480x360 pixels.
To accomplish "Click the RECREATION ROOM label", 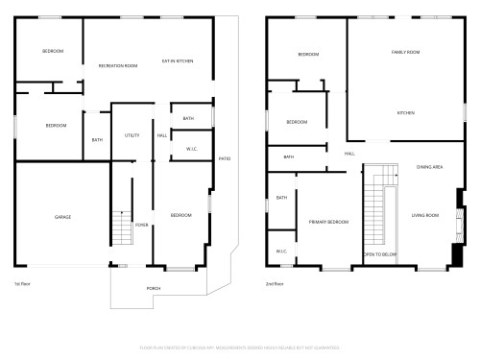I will pyautogui.click(x=118, y=65).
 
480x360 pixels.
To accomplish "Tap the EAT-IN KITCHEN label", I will pyautogui.click(x=178, y=60).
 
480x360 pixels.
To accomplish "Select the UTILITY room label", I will pyautogui.click(x=132, y=135).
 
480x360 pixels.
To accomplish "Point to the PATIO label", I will pyautogui.click(x=224, y=157).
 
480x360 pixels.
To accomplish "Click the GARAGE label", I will pyautogui.click(x=62, y=217).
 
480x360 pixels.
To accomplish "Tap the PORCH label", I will pyautogui.click(x=154, y=287).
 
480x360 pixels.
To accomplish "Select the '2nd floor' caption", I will pyautogui.click(x=275, y=284).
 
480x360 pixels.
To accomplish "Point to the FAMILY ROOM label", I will pyautogui.click(x=405, y=52).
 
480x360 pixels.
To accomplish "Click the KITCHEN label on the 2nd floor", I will pyautogui.click(x=405, y=112).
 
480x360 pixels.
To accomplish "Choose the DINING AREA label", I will pyautogui.click(x=429, y=167).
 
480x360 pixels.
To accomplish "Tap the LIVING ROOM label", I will pyautogui.click(x=425, y=215).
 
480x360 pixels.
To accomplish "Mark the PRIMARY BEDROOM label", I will pyautogui.click(x=328, y=222).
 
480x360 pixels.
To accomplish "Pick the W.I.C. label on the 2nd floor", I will pyautogui.click(x=281, y=252).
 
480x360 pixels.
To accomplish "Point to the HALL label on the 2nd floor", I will pyautogui.click(x=349, y=154).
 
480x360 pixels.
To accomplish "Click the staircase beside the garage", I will pyautogui.click(x=121, y=228).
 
